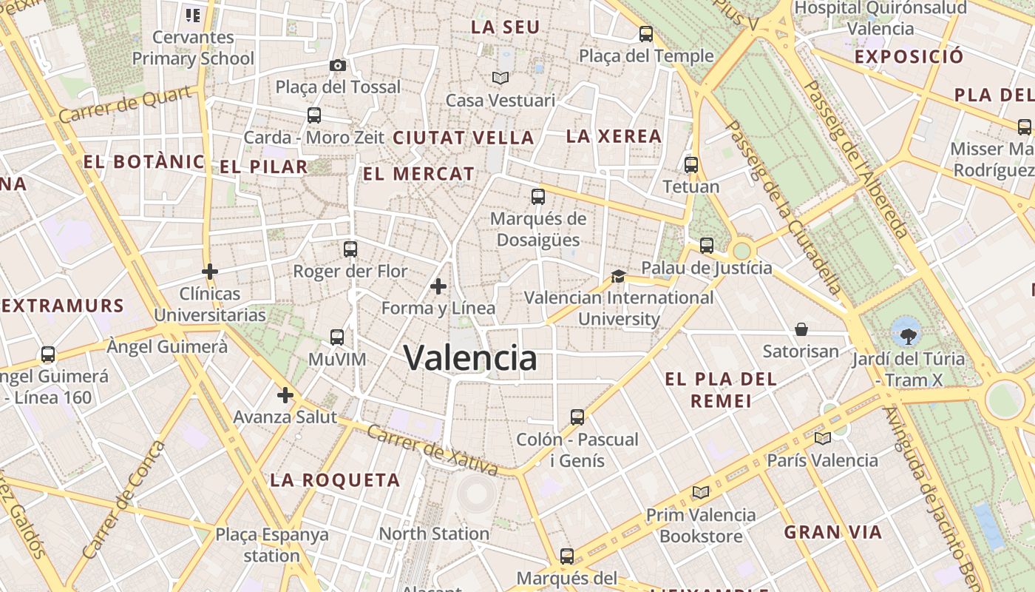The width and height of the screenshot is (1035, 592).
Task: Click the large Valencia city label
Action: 470,358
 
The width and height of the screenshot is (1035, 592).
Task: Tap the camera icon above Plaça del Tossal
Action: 338,65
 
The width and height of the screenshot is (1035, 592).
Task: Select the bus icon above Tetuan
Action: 691,164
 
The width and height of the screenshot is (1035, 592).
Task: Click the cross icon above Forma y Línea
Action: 438,286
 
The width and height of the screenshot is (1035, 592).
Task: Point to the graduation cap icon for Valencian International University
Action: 618,276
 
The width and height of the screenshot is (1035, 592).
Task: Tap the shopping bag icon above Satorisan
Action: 801,329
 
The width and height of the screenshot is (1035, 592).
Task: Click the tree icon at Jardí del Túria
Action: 905,334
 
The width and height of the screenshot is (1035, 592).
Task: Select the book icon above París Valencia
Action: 823,438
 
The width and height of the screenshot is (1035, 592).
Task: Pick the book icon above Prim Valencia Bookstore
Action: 701,492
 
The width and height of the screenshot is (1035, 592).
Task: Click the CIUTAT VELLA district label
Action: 464,138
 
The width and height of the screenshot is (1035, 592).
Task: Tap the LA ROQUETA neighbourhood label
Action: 335,480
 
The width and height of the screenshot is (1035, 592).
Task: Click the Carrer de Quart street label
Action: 129,104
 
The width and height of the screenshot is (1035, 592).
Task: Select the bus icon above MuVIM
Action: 337,337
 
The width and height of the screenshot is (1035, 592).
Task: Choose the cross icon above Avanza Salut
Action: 285,395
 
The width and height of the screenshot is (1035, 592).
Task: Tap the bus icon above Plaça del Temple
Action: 646,33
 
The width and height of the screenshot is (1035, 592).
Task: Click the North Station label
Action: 434,534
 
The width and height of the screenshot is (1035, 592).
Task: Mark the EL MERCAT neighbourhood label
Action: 419,175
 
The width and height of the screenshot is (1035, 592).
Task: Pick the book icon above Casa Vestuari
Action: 500,78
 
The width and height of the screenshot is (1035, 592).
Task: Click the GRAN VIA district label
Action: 833,532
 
